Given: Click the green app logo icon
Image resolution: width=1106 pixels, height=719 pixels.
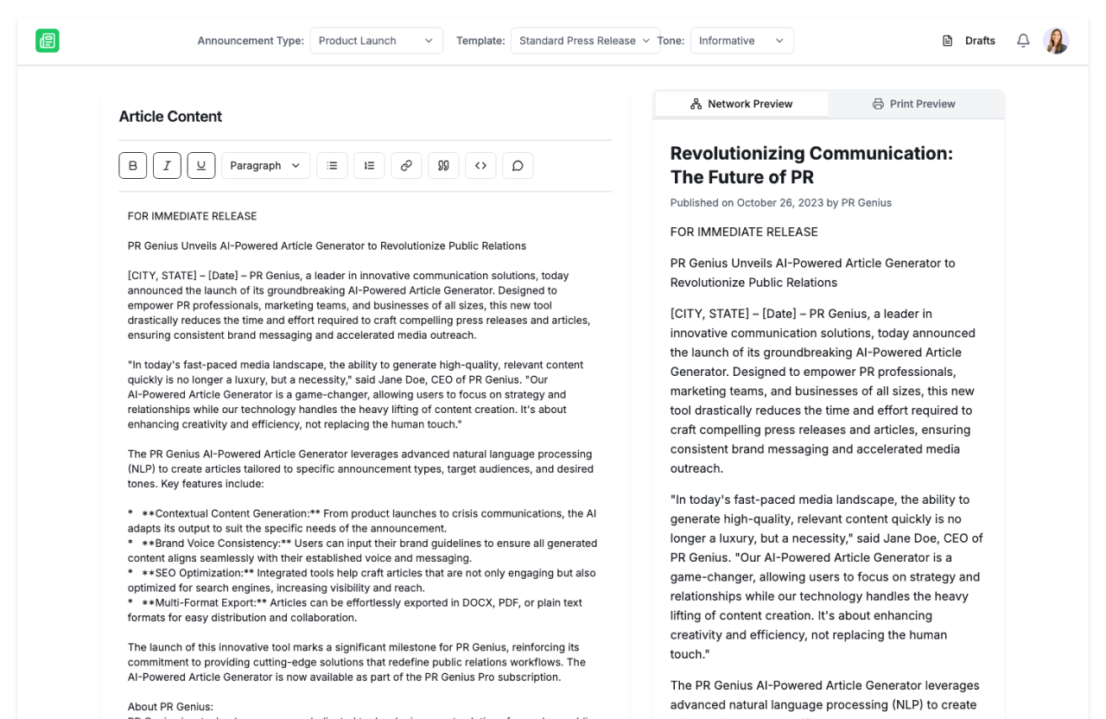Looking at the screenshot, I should [x=48, y=41].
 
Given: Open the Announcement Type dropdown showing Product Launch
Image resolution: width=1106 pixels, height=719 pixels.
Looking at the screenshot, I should [x=376, y=41].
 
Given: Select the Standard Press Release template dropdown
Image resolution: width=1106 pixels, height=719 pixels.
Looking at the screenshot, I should [x=585, y=41].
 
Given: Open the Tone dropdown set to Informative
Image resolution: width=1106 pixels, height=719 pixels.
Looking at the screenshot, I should [x=741, y=41].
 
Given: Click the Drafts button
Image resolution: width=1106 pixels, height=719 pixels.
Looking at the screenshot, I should [x=969, y=41].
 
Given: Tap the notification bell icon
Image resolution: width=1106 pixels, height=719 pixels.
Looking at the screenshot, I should [x=1023, y=41].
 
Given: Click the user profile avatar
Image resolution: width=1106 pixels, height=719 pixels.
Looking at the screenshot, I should [x=1056, y=41].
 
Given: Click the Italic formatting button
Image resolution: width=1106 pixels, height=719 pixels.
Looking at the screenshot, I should [x=167, y=165].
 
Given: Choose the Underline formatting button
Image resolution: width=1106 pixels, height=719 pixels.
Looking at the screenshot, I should [x=201, y=165].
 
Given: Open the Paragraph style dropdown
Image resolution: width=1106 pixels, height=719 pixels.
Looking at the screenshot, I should [x=265, y=165].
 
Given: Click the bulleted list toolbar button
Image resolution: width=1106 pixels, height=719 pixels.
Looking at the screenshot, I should [x=332, y=165].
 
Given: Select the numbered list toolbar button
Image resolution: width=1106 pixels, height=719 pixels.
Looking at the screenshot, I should [x=369, y=165].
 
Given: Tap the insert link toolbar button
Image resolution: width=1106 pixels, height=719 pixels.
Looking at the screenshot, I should [x=406, y=165].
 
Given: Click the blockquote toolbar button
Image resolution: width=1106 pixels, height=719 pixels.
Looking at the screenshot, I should [x=443, y=165].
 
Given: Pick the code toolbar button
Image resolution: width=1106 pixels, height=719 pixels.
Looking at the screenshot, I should [x=480, y=165].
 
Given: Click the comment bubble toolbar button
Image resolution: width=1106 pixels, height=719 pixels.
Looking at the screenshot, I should [x=518, y=165].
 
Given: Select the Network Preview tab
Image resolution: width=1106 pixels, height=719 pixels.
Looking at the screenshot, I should [x=741, y=104].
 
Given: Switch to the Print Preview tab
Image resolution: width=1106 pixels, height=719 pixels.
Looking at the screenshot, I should [x=914, y=104].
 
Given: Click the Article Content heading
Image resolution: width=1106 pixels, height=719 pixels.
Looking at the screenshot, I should [x=170, y=117].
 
